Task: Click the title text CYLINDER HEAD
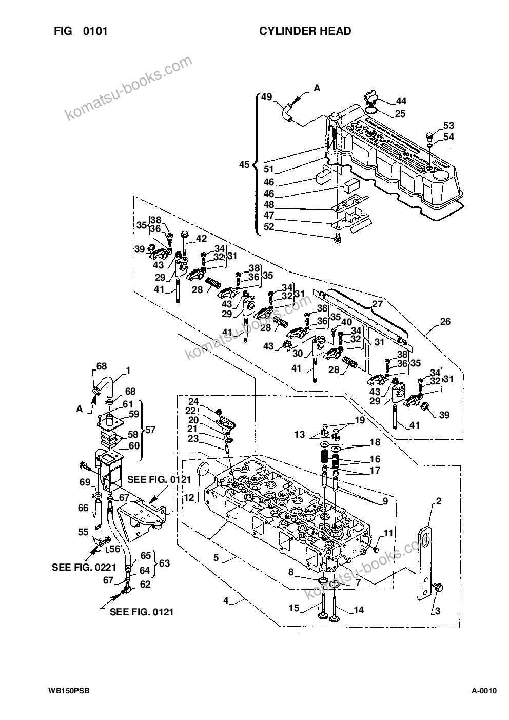(305, 31)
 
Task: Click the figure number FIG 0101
(81, 31)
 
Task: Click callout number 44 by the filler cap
(401, 101)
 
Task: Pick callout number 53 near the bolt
(449, 125)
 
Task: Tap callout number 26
(445, 321)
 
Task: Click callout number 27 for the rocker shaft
(377, 304)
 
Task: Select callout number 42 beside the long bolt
(201, 238)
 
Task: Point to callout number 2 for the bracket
(438, 501)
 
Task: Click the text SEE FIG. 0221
(84, 567)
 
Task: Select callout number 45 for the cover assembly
(244, 165)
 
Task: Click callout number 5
(216, 557)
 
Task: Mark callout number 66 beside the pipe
(83, 508)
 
